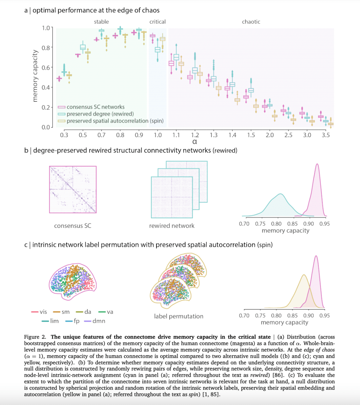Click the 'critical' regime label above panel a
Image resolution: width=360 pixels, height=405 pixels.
[157, 22]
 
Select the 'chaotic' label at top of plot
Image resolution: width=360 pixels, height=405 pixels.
[251, 22]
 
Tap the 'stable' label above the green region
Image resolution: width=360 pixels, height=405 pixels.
[101, 22]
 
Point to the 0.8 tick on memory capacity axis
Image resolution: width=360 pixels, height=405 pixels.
[46, 48]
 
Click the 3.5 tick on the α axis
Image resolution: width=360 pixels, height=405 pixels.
[326, 135]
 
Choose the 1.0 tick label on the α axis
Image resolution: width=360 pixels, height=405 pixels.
[157, 135]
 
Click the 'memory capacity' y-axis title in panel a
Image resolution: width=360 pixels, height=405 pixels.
[35, 75]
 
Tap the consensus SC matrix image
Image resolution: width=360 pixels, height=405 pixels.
[73, 189]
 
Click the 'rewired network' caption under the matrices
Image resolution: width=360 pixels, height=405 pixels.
[172, 226]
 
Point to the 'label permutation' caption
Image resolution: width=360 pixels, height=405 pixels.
[179, 316]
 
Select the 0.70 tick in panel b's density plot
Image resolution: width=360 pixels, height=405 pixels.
[244, 224]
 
